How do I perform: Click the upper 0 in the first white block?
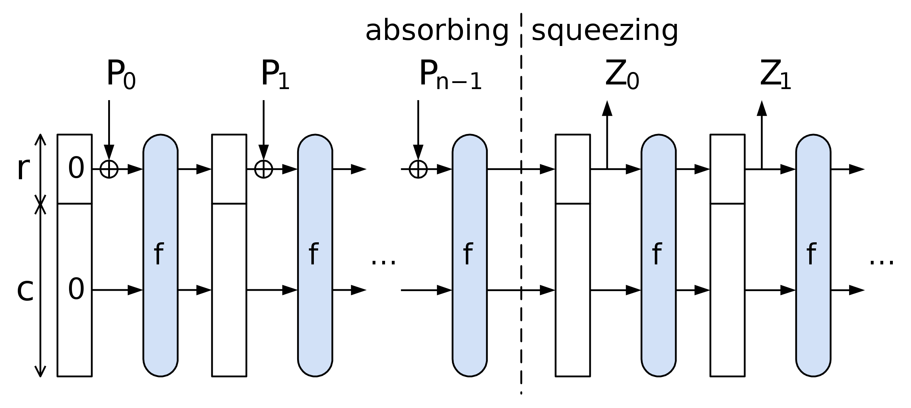pyautogui.click(x=76, y=167)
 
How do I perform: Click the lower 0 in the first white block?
pyautogui.click(x=76, y=289)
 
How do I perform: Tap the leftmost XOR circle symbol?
pyautogui.click(x=109, y=169)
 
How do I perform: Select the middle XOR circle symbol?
pyautogui.click(x=264, y=169)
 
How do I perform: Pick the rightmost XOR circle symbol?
pyautogui.click(x=418, y=169)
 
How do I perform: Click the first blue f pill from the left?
pyautogui.click(x=160, y=255)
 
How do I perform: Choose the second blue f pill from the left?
pyautogui.click(x=315, y=255)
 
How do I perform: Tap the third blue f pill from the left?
pyautogui.click(x=469, y=255)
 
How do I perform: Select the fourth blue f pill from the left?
pyautogui.click(x=658, y=255)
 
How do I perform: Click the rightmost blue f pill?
pyautogui.click(x=813, y=255)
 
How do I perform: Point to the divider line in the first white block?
pyautogui.click(x=74, y=203)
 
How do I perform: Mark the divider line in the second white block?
pyautogui.click(x=229, y=203)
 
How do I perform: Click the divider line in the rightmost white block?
pyautogui.click(x=727, y=203)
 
